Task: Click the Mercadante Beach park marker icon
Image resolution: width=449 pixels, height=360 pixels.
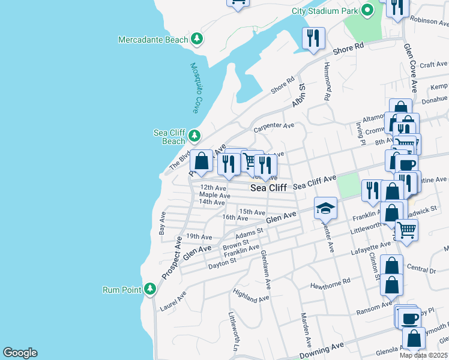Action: click(196, 40)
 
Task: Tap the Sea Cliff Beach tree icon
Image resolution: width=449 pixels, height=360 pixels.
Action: click(194, 136)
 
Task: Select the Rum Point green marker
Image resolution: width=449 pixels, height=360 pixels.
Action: click(149, 290)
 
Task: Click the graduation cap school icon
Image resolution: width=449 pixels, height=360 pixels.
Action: click(325, 208)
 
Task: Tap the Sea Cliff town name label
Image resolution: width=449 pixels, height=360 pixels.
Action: click(268, 188)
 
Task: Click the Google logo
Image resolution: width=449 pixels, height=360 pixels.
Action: click(20, 353)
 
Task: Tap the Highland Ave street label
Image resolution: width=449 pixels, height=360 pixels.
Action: click(252, 295)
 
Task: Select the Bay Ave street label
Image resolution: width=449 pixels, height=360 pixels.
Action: click(162, 222)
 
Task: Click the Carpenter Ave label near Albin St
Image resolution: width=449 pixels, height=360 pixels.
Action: click(274, 126)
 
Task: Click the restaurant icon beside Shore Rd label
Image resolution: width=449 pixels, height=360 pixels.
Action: click(313, 38)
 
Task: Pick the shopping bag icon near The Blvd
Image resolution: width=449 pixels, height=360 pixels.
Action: click(202, 161)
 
